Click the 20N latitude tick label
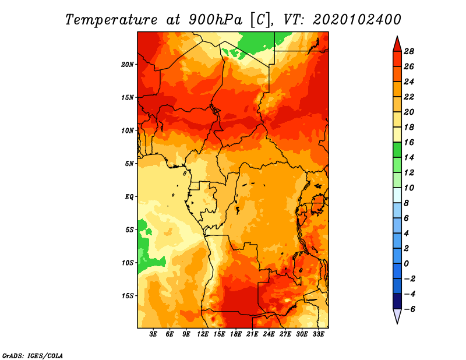click(127, 65)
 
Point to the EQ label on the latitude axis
click(129, 197)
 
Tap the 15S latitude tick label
click(128, 296)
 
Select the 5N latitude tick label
click(129, 164)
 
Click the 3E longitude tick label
click(153, 334)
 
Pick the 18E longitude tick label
click(236, 334)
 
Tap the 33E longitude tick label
click(318, 334)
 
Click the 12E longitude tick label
click(203, 334)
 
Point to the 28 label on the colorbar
click(409, 51)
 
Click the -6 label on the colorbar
click(409, 309)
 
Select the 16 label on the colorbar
click(409, 142)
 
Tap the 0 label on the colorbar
click(406, 264)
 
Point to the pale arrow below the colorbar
click(397, 315)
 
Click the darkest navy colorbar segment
click(397, 301)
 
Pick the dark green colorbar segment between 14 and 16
click(397, 150)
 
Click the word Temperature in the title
click(111, 20)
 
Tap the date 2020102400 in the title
click(357, 20)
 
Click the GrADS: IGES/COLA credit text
click(33, 356)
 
